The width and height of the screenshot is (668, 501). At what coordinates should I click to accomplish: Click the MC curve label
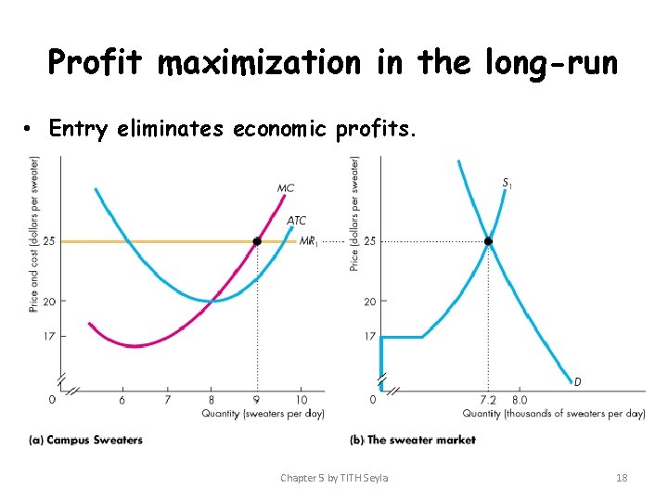[x=286, y=188]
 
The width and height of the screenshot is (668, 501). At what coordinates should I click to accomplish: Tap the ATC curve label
[x=296, y=221]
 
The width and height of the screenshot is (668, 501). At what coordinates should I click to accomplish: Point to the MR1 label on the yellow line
[x=308, y=241]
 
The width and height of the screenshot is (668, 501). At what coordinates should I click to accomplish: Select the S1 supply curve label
[x=507, y=184]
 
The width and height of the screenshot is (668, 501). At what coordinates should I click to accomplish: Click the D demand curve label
[x=577, y=381]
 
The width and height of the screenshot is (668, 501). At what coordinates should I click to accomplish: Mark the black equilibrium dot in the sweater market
[x=488, y=241]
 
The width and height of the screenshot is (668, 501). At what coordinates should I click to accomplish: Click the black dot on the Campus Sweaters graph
[x=257, y=241]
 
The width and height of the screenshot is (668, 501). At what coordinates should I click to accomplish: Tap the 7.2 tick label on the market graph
[x=488, y=400]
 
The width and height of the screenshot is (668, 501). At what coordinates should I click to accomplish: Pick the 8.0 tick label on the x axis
[x=520, y=400]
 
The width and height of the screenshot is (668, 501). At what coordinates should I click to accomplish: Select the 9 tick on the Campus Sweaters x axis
[x=257, y=400]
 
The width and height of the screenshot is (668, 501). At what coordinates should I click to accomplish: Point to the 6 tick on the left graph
[x=122, y=400]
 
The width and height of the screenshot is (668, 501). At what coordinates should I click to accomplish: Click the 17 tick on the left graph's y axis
[x=49, y=336]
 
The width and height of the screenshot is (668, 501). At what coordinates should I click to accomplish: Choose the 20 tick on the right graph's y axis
[x=368, y=302]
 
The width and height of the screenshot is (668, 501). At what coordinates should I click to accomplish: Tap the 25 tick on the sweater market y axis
[x=368, y=241]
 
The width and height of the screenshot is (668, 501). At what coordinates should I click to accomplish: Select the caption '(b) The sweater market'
[x=412, y=440]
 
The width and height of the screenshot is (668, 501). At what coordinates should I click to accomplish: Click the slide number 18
[x=622, y=478]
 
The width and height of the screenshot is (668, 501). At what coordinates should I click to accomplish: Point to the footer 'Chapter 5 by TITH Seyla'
[x=334, y=478]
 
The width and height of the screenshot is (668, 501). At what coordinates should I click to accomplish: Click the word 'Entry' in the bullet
[x=78, y=129]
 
